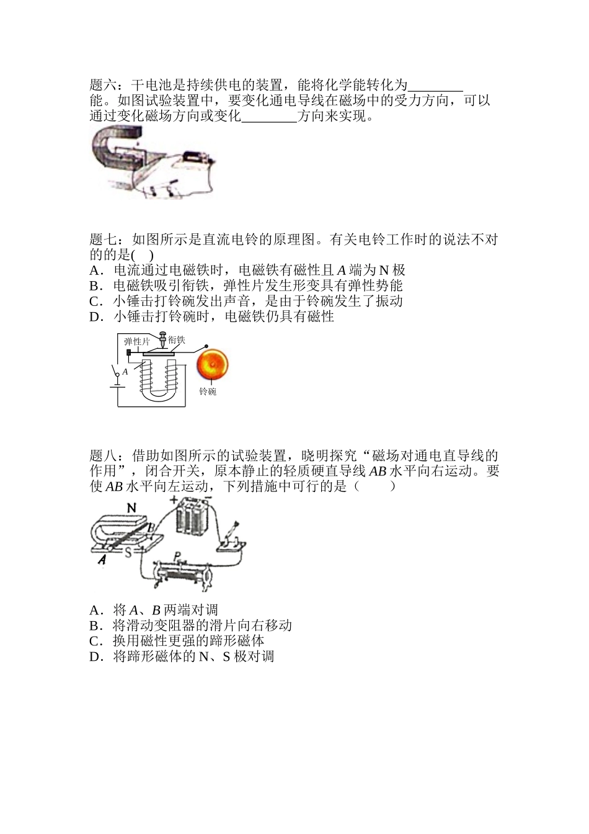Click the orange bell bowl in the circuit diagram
213,365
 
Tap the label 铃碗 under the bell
208,392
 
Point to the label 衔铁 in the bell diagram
177,340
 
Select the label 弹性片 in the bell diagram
137,341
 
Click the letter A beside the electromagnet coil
125,371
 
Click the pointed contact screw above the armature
163,341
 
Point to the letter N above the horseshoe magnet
131,508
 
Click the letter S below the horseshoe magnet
128,552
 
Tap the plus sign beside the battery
174,499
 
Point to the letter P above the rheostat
177,555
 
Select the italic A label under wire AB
102,560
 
